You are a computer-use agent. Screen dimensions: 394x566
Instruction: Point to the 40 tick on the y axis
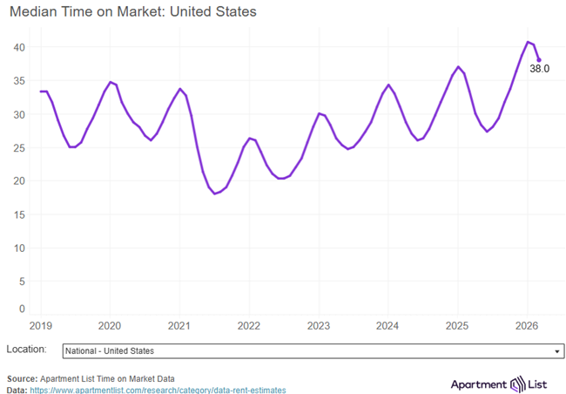point(19,46)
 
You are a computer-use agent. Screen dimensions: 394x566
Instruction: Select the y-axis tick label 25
point(19,147)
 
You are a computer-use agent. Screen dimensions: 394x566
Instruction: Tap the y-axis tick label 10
point(19,248)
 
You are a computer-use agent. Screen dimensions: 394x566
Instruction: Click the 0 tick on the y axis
point(23,309)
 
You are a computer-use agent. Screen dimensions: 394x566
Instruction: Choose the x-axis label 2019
point(40,326)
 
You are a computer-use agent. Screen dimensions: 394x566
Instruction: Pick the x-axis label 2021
point(179,326)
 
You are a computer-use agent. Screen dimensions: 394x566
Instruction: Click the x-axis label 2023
point(319,326)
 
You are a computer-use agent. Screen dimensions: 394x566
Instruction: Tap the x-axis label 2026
point(528,326)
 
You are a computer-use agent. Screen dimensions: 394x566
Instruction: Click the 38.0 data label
point(539,68)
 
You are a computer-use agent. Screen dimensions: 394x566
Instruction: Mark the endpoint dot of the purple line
point(539,60)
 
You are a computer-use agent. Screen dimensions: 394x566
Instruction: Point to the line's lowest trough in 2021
point(215,194)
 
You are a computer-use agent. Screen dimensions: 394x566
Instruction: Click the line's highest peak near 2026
point(528,41)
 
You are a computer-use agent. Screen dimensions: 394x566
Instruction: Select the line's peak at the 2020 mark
point(110,82)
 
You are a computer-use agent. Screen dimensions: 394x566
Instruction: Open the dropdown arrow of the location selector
point(556,351)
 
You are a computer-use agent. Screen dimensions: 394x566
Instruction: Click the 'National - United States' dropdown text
point(110,351)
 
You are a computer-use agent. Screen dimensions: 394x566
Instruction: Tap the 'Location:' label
point(26,350)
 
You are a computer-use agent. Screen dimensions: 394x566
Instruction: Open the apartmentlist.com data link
point(158,391)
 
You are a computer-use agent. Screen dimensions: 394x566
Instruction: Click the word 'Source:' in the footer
point(23,379)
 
